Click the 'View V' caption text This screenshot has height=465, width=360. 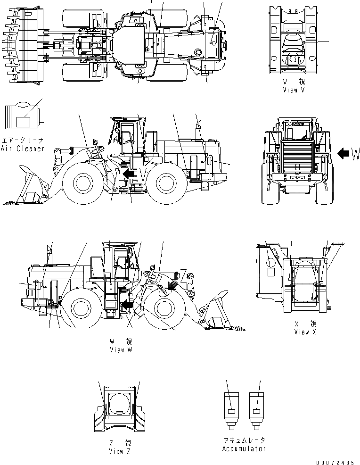coord(293,90)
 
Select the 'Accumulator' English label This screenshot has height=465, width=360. coord(244,448)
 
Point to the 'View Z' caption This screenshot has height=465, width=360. coord(116,451)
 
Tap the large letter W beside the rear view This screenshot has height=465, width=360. coord(355,153)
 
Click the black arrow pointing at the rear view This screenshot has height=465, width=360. coord(344,153)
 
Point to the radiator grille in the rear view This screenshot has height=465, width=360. coord(297,156)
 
